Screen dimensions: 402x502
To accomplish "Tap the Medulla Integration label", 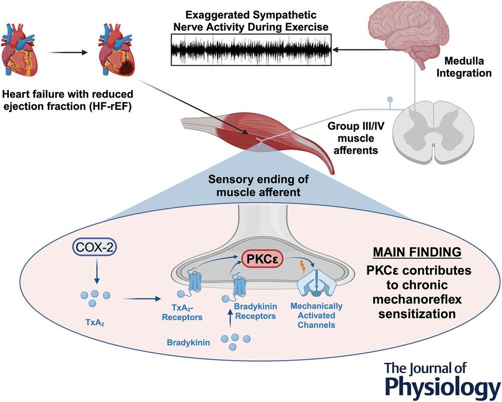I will point(468,67).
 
